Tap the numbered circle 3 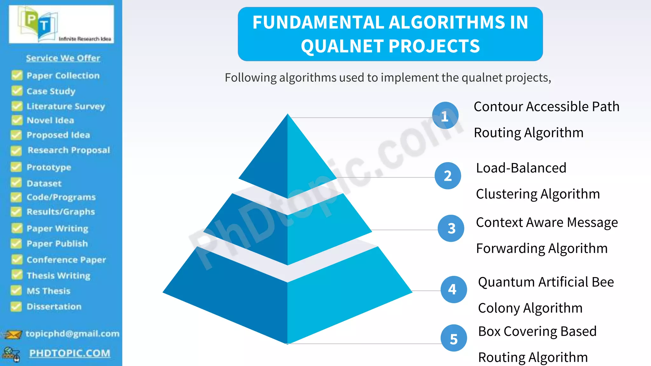[451, 228]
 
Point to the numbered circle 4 [453, 289]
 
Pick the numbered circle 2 [448, 176]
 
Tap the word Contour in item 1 [498, 107]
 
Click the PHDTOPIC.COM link [70, 353]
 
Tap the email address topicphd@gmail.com [72, 334]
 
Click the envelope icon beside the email [13, 334]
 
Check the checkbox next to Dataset [16, 183]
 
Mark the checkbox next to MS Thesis [16, 290]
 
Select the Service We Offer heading [63, 58]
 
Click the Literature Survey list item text [65, 106]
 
